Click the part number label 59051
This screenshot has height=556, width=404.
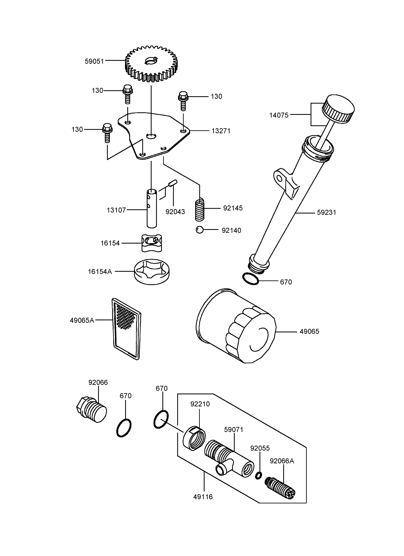coord(94,61)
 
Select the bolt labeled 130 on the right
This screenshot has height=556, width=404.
coord(183,101)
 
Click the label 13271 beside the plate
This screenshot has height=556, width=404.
coord(221,131)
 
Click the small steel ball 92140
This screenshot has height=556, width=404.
coord(200,230)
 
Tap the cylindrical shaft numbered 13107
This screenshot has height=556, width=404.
coord(152,208)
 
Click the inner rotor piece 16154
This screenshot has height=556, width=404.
coord(151,243)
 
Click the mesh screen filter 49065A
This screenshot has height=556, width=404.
coord(126,328)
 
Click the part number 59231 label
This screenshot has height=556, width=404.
coord(326,212)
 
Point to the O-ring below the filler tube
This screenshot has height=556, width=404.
coord(250,279)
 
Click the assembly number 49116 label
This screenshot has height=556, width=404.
coord(203,497)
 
